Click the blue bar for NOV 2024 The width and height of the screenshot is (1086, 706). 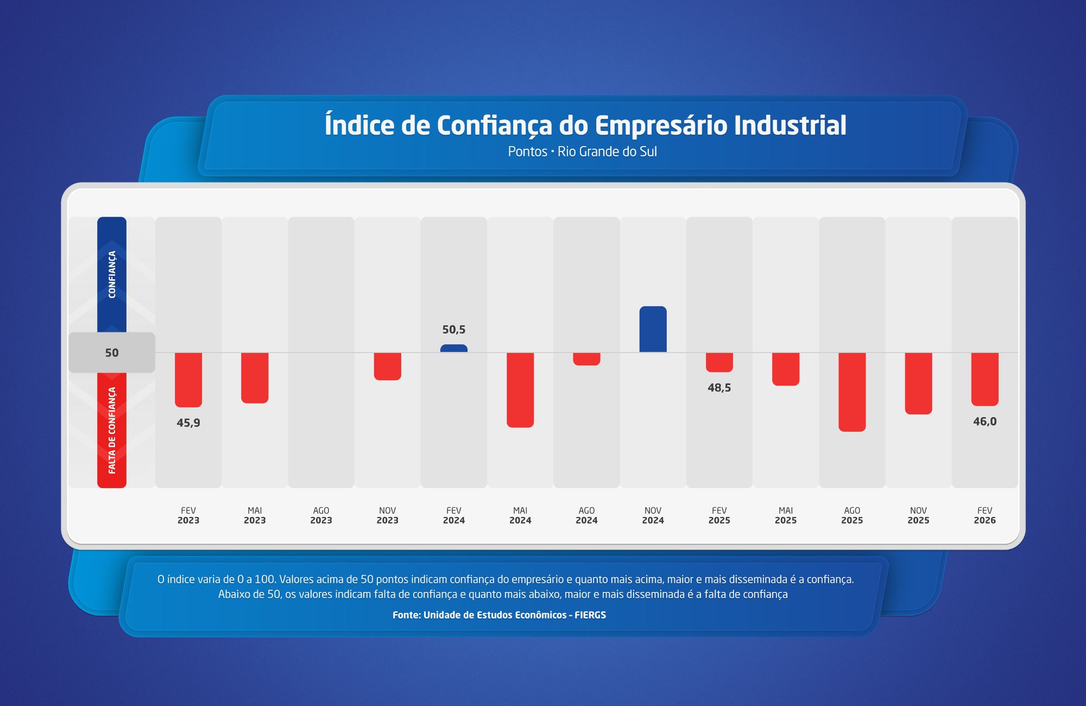pos(653,330)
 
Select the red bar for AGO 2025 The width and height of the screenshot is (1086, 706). pos(852,392)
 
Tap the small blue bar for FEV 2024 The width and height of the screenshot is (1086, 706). pos(454,349)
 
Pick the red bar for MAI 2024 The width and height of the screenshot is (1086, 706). pos(520,389)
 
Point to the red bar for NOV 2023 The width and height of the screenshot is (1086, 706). pos(388,366)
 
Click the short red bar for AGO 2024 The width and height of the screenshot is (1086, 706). pos(586,359)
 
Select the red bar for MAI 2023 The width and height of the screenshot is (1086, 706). pos(255,377)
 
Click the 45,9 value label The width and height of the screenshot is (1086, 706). pos(188,423)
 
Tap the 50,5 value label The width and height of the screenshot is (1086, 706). pos(454,330)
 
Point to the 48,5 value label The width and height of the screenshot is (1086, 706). pos(719,388)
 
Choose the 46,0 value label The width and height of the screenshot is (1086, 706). pos(984,421)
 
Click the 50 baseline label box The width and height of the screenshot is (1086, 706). pos(112,352)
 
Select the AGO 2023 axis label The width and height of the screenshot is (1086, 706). pos(321,515)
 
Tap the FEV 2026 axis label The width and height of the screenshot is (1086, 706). pos(984,515)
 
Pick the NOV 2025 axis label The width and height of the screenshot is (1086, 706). pos(918,515)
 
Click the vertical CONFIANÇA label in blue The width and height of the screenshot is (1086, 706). pos(112,274)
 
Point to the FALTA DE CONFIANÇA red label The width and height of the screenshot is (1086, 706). pos(112,430)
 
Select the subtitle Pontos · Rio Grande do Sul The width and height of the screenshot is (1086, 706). pos(582,152)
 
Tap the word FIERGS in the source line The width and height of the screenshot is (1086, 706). pos(590,615)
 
